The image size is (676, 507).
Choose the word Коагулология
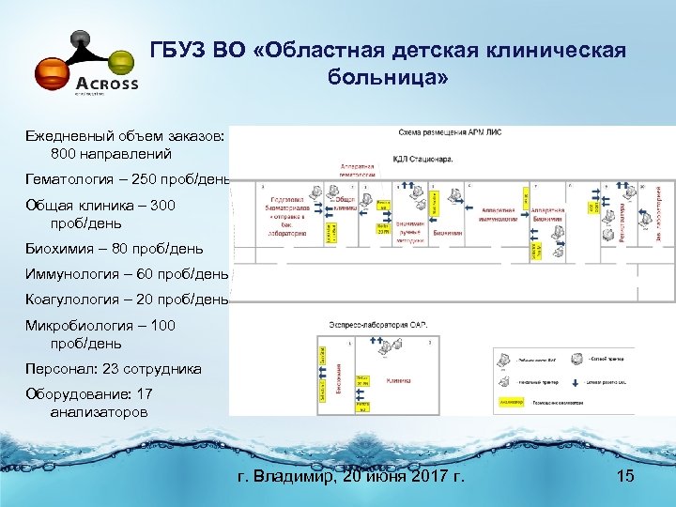point(74,299)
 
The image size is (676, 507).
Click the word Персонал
point(56,369)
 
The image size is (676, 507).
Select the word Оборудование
point(74,395)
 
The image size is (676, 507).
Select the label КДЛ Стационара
point(422,159)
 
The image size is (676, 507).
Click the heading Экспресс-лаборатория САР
point(379,324)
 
